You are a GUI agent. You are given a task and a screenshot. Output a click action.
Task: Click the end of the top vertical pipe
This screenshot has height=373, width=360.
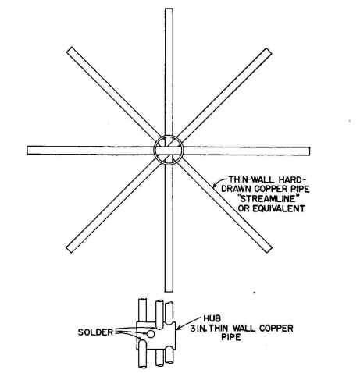click(169, 9)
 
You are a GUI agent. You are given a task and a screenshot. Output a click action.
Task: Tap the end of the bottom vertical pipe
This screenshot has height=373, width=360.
click(169, 291)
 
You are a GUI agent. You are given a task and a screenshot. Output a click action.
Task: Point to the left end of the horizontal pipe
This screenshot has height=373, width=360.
click(28, 151)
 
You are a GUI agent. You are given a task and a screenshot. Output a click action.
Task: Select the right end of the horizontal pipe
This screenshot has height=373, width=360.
click(309, 151)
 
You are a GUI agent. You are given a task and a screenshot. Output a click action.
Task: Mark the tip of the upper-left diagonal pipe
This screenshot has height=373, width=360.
click(70, 50)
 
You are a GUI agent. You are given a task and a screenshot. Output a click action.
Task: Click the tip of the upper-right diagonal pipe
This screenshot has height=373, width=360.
click(269, 51)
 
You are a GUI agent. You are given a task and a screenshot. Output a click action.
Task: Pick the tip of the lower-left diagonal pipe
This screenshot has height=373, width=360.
click(70, 249)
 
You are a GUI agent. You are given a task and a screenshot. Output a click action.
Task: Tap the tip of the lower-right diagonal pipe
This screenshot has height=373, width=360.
click(269, 249)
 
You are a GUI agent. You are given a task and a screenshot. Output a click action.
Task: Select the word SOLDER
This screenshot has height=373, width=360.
click(95, 332)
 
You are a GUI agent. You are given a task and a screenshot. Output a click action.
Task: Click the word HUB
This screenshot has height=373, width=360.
click(212, 318)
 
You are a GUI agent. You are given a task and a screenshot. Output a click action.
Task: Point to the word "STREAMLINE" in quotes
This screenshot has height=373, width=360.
click(269, 199)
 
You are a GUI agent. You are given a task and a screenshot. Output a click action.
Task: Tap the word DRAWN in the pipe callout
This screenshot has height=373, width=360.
click(237, 189)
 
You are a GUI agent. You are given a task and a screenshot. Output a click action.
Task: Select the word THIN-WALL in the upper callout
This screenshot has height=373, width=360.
click(251, 179)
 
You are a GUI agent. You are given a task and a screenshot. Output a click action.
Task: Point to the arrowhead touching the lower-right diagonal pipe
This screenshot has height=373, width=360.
click(215, 186)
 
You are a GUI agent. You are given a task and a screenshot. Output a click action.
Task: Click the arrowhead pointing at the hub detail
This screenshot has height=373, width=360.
click(178, 329)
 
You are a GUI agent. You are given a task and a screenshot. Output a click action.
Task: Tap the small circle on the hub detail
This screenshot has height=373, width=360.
click(150, 334)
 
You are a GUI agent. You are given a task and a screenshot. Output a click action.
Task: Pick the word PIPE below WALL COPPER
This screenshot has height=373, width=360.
click(231, 337)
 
